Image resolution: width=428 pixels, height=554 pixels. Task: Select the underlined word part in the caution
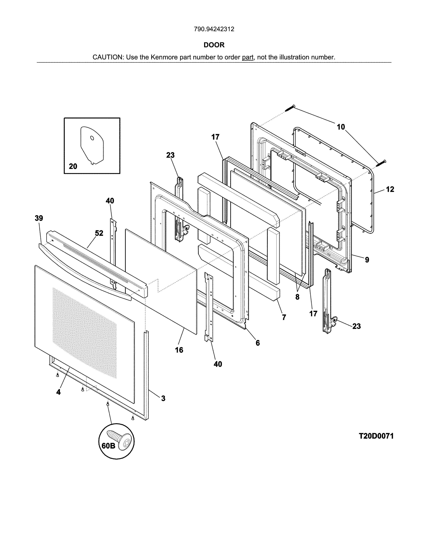click(x=248, y=57)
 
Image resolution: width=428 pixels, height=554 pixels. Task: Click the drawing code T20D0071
click(x=376, y=436)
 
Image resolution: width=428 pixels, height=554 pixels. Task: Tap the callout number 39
click(x=39, y=218)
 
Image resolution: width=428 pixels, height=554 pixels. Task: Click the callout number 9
click(x=367, y=260)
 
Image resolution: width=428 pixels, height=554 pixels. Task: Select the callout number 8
click(x=297, y=297)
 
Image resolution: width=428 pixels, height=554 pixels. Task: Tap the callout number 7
click(x=284, y=317)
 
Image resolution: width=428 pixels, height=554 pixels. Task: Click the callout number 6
click(x=258, y=343)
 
